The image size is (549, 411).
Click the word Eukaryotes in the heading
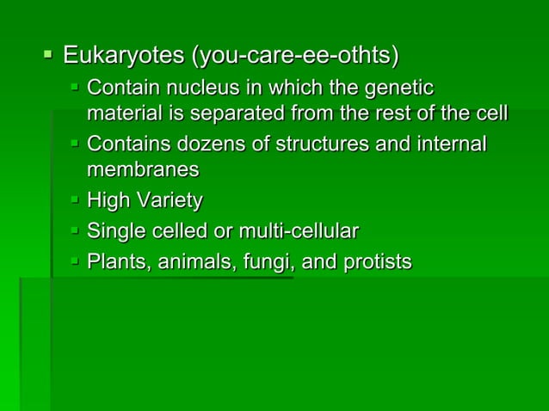[x=124, y=58]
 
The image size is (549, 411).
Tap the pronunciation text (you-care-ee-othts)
[x=295, y=58]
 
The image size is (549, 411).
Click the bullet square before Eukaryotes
[x=48, y=57]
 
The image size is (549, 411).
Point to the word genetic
[x=401, y=88]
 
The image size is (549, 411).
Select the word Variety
[x=168, y=201]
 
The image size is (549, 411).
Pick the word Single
[x=114, y=231]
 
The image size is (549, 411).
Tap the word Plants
[x=115, y=261]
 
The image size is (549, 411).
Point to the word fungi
[x=265, y=261]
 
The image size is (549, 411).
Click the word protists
[x=376, y=261]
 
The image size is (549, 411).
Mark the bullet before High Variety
[x=75, y=200]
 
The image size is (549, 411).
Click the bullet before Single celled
[x=75, y=230]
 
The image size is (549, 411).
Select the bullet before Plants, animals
[x=75, y=261]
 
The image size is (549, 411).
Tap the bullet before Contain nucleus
[x=75, y=87]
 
